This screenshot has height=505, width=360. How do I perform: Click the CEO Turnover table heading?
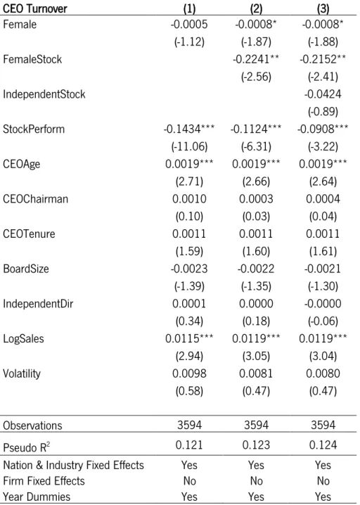click(34, 8)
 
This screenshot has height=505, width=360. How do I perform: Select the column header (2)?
click(256, 8)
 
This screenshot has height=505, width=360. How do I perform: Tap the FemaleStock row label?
click(32, 59)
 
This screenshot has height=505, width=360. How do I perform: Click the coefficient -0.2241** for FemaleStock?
click(256, 59)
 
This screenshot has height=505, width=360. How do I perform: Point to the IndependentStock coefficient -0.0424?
click(323, 94)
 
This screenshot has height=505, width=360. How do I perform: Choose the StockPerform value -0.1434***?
click(189, 129)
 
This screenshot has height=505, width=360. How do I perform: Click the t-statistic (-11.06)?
click(189, 146)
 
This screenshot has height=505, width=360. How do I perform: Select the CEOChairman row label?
click(35, 199)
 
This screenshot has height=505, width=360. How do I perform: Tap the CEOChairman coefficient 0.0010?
click(189, 199)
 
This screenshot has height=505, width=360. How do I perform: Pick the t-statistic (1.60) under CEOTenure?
click(256, 251)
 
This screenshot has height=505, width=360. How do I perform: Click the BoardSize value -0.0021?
click(323, 269)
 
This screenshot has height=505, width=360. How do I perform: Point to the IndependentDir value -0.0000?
click(323, 303)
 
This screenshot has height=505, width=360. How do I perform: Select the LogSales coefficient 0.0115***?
click(189, 338)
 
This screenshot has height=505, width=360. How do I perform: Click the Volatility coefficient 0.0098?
click(189, 373)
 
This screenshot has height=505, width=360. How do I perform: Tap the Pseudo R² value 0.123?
click(256, 445)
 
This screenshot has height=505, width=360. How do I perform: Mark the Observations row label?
click(32, 426)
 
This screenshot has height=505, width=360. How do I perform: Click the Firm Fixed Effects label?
click(44, 481)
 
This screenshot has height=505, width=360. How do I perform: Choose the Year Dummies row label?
click(37, 497)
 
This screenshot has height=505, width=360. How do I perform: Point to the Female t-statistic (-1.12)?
click(189, 42)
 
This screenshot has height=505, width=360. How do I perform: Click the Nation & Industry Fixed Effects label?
click(73, 465)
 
